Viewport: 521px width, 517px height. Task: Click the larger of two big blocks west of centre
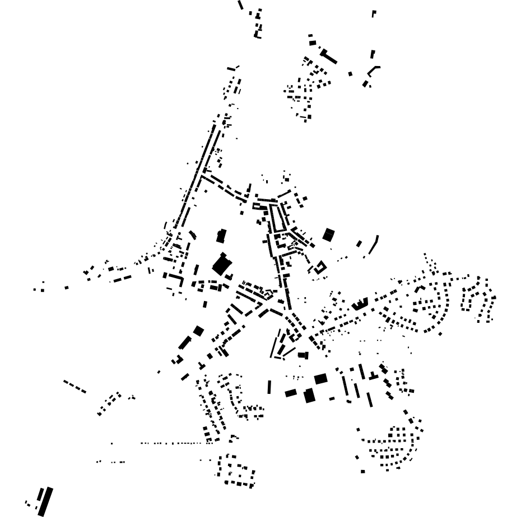tap(222, 264)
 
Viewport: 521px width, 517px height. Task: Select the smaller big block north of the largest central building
tap(221, 236)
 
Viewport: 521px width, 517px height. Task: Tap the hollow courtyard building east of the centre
tap(320, 268)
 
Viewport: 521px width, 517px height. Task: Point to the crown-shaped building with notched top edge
tap(359, 304)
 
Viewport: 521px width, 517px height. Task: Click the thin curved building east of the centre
tap(374, 245)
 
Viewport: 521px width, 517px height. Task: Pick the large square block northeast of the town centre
tap(328, 234)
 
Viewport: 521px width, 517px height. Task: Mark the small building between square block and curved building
tap(359, 243)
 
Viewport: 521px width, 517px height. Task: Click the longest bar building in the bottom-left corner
tap(45, 501)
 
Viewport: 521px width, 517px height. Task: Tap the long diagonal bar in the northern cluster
tap(329, 57)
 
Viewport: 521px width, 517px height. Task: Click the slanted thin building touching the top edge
tap(240, 5)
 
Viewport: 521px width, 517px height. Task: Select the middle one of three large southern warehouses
tap(309, 396)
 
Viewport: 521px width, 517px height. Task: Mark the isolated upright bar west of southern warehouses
tap(269, 387)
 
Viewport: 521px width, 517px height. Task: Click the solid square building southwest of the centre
tap(198, 331)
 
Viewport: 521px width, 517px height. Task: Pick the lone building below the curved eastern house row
tap(440, 334)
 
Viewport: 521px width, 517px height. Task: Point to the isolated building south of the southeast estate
tap(363, 472)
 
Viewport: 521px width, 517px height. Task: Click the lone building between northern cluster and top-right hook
tap(351, 73)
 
